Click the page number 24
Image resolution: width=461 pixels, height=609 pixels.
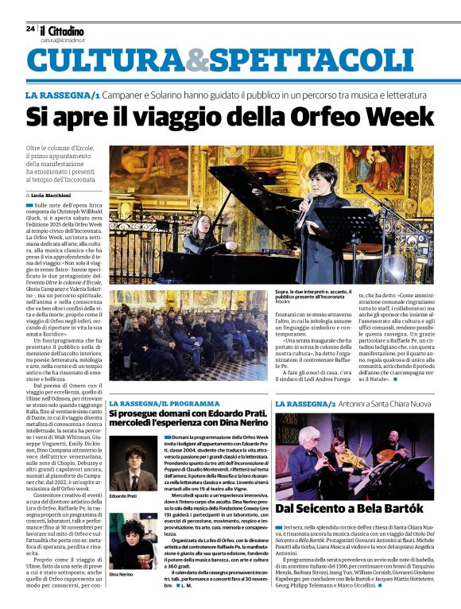pos(30,29)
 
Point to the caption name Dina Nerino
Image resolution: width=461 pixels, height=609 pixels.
pos(122,572)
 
